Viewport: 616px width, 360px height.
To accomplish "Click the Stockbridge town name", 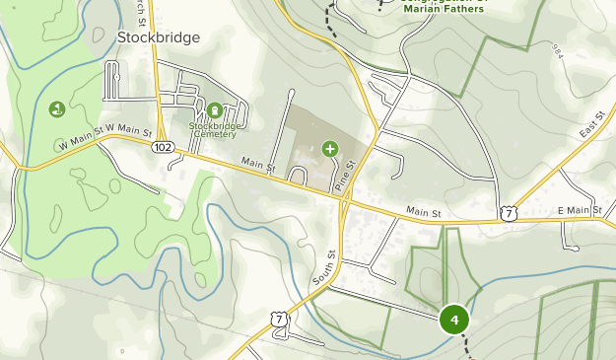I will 158,37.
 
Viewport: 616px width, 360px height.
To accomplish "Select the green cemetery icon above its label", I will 215,108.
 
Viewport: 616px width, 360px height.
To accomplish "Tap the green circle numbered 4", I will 454,320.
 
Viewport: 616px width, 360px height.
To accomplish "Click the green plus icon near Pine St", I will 329,149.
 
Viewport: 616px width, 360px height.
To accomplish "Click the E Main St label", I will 579,211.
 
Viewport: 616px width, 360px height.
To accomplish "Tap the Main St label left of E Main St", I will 426,211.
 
